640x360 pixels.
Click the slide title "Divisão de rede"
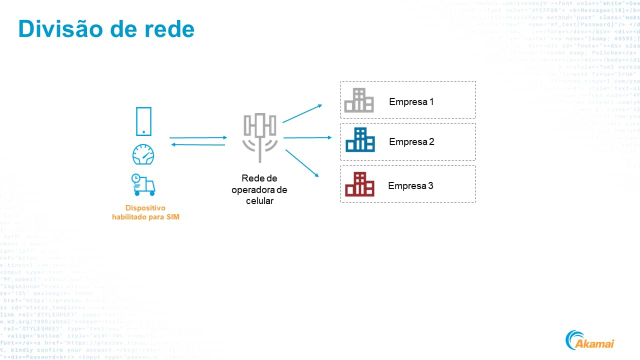tap(106, 29)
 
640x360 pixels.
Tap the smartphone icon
tap(143, 121)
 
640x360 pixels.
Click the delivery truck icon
tap(143, 184)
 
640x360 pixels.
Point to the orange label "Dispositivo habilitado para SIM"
tap(145, 212)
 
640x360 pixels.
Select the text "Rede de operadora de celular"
tap(259, 189)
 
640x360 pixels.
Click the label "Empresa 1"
tap(411, 102)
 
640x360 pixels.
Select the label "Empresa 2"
tap(411, 142)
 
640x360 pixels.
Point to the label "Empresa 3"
tap(410, 186)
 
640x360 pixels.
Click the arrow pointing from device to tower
tap(198, 137)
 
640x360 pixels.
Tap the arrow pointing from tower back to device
tap(198, 144)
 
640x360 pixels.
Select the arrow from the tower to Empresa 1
tap(302, 113)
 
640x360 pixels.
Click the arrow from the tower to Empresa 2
tap(307, 137)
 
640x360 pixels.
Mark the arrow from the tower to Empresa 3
tap(302, 162)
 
